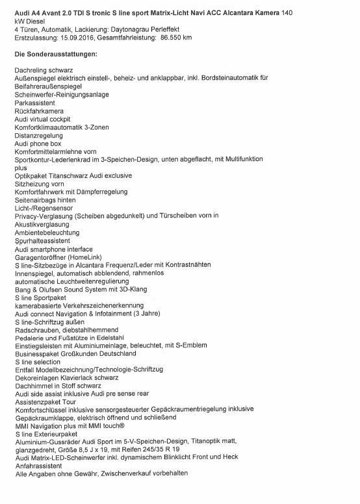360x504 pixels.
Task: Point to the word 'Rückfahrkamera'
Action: click(37, 110)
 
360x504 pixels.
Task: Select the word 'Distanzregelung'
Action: click(39, 135)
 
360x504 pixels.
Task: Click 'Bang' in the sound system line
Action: click(23, 290)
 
